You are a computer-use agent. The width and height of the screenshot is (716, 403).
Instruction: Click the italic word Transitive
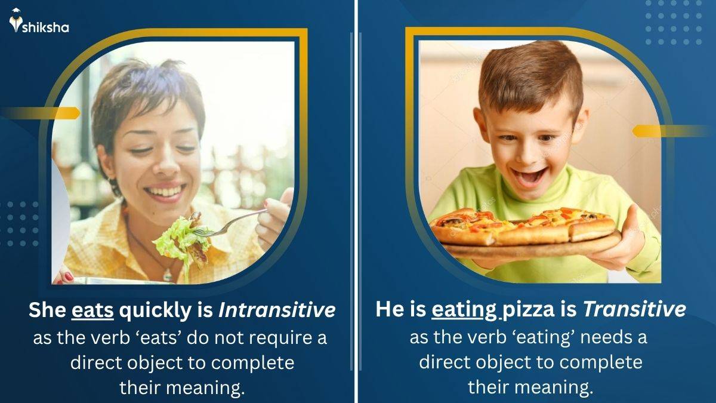tap(634, 310)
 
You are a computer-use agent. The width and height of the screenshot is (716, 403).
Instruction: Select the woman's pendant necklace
tap(168, 275)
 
